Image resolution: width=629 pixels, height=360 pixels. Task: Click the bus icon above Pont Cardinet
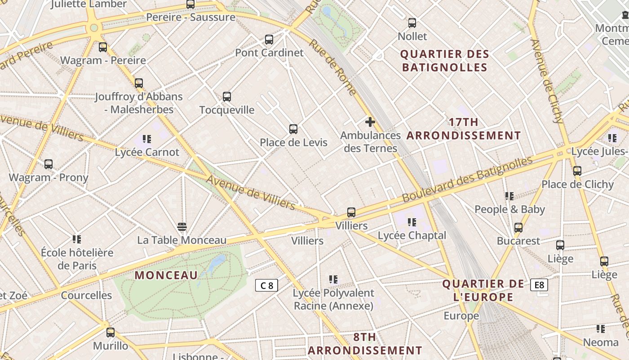(269, 40)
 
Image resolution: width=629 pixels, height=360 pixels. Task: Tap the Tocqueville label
(227, 110)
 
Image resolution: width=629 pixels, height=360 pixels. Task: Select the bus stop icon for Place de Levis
(293, 129)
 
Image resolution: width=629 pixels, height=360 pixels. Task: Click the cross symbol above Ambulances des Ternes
(370, 122)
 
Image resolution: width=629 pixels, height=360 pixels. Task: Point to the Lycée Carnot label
(147, 152)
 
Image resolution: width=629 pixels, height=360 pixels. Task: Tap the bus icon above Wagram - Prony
(49, 164)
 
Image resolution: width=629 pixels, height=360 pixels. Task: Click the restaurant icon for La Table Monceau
(182, 226)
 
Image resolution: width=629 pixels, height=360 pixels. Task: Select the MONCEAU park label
(166, 275)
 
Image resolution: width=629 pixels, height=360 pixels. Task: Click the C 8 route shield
(267, 285)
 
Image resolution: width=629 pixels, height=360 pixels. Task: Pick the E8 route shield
(539, 285)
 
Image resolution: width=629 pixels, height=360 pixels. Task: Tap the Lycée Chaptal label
(412, 235)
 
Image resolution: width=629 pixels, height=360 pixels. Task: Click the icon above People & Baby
(509, 196)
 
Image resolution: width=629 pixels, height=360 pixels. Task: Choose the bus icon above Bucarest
(518, 228)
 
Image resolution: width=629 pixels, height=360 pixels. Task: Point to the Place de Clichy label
(577, 184)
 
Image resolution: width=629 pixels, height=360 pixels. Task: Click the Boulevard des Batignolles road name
(467, 179)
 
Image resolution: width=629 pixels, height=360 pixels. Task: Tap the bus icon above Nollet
(412, 23)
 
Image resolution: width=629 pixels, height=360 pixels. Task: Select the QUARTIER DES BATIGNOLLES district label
(444, 61)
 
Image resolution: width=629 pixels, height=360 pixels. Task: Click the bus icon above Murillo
(111, 333)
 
